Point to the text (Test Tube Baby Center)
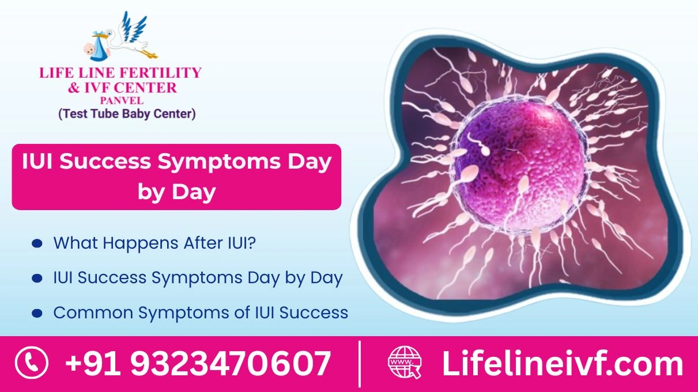coord(127,114)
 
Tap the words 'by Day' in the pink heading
coord(176,192)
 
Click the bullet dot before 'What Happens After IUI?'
coord(37,243)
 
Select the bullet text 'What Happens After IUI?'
coord(154,243)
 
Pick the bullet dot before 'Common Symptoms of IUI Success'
coord(37,313)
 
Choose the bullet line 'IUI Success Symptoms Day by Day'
coord(198,278)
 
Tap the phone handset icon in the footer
coord(32,363)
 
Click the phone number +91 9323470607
coord(198,364)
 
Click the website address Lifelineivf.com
coord(562,364)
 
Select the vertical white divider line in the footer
coord(359,364)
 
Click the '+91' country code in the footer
coord(92,364)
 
